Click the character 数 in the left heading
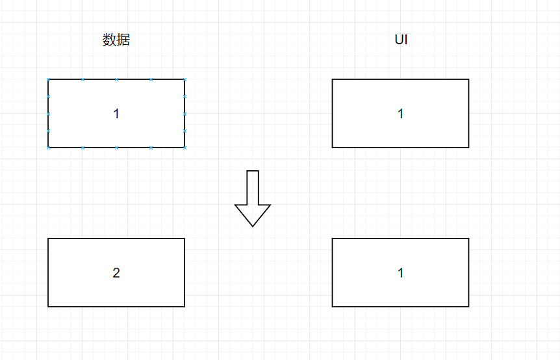pyautogui.click(x=109, y=40)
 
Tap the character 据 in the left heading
pyautogui.click(x=123, y=40)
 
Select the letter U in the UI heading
pyautogui.click(x=398, y=40)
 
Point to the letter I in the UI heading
pyautogui.click(x=406, y=40)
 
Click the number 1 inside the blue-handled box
pyautogui.click(x=116, y=114)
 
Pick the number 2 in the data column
pyautogui.click(x=116, y=273)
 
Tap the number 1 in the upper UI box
pyautogui.click(x=400, y=114)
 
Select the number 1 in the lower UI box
pyautogui.click(x=400, y=273)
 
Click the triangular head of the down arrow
pyautogui.click(x=253, y=214)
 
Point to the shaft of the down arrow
pyautogui.click(x=253, y=187)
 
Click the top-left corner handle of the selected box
pyautogui.click(x=48, y=79)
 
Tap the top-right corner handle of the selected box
pyautogui.click(x=185, y=79)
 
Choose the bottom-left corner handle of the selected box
pyautogui.click(x=48, y=148)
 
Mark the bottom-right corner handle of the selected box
pyautogui.click(x=185, y=148)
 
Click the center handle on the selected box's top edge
pyautogui.click(x=116, y=79)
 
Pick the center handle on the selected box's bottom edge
pyautogui.click(x=116, y=148)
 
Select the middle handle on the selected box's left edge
pyautogui.click(x=48, y=114)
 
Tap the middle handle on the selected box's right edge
pyautogui.click(x=185, y=114)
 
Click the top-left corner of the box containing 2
pyautogui.click(x=48, y=238)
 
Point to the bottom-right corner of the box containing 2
pyautogui.click(x=185, y=306)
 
